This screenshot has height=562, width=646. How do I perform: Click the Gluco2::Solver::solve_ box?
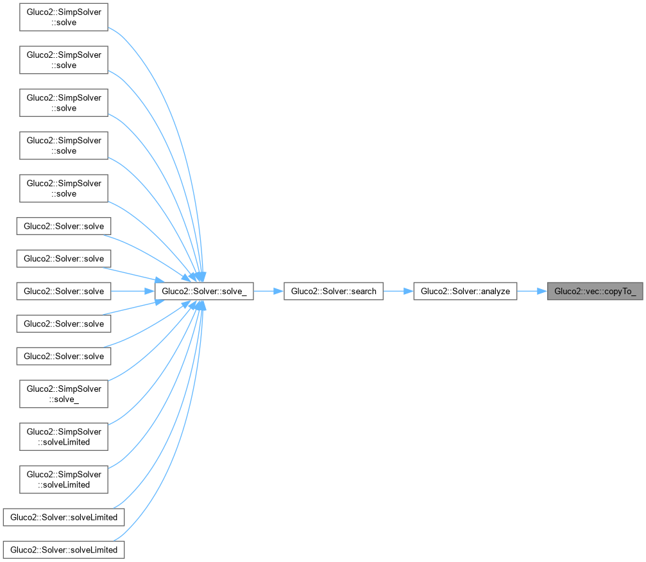tap(204, 292)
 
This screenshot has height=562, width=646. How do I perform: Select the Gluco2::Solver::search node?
tap(334, 292)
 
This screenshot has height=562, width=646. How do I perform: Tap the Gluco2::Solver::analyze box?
tap(465, 292)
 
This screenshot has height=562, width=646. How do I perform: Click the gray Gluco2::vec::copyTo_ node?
tap(595, 292)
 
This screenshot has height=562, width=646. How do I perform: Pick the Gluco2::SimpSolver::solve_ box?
tap(64, 394)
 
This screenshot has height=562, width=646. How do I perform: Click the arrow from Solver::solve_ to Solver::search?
tap(269, 292)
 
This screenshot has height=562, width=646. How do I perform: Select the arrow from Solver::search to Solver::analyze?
tap(398, 292)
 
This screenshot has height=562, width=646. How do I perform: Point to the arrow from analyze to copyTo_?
tap(532, 292)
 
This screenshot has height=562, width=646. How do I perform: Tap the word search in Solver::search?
tap(363, 292)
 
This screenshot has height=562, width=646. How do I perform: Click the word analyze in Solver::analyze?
tap(496, 292)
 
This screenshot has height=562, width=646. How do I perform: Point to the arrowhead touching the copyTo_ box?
tap(542, 292)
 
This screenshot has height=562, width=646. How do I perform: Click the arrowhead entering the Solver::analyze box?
tap(409, 292)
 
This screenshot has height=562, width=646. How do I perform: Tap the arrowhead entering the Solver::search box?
tap(279, 292)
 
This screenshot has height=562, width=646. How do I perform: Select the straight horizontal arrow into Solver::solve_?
tap(133, 292)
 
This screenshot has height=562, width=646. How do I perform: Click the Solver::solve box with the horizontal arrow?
tap(64, 292)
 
